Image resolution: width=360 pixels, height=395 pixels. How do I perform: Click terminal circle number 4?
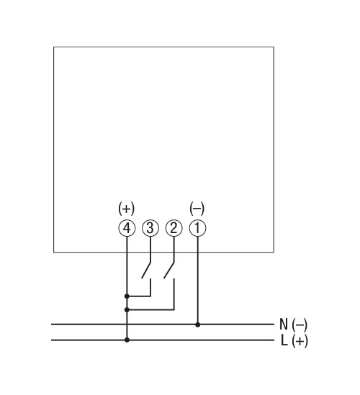click(127, 228)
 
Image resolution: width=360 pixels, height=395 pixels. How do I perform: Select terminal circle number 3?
click(150, 228)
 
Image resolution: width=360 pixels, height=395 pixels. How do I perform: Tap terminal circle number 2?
click(174, 228)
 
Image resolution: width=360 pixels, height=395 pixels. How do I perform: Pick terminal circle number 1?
click(198, 228)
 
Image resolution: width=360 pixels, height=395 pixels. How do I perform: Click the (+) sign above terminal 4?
click(127, 209)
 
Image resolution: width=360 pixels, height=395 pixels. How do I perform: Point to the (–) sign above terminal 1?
click(197, 209)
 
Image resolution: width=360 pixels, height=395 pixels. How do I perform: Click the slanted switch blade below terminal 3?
click(146, 271)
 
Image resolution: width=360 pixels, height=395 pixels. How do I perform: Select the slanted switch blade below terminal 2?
click(169, 271)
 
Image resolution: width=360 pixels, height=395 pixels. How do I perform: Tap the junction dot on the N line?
click(198, 324)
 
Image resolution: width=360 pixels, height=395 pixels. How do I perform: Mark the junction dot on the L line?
click(127, 340)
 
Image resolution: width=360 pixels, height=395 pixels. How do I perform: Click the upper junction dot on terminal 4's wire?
click(127, 296)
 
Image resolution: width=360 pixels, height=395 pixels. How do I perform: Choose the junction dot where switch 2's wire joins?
click(127, 309)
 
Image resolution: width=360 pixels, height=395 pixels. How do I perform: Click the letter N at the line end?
click(284, 324)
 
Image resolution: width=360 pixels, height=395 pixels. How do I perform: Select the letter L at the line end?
click(284, 340)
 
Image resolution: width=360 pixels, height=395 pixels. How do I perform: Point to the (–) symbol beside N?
click(300, 324)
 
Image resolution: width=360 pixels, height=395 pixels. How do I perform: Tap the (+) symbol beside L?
click(300, 341)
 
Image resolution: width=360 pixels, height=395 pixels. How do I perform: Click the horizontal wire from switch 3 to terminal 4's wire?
click(139, 296)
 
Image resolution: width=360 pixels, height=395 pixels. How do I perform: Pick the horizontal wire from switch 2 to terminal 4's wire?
click(150, 309)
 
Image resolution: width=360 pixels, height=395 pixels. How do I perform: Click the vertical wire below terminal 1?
click(198, 281)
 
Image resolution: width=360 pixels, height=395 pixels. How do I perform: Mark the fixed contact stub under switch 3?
click(150, 287)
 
